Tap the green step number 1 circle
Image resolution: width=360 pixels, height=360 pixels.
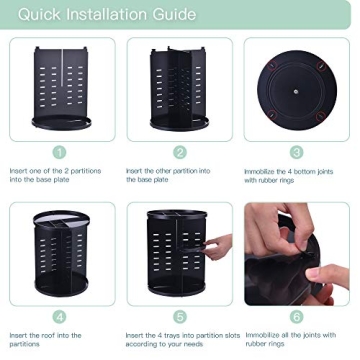click(60, 152)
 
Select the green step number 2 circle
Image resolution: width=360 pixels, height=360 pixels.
click(180, 152)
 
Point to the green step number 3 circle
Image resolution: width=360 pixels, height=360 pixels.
click(297, 152)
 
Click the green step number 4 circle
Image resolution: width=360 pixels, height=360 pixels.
click(60, 316)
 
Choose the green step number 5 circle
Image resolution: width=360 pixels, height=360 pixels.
click(180, 316)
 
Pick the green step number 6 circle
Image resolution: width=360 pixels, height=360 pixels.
click(297, 316)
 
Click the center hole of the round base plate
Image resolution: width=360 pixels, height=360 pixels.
click(296, 89)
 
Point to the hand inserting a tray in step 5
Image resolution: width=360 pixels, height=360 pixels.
click(218, 246)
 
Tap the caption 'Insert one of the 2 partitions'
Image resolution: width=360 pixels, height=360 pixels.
click(55, 171)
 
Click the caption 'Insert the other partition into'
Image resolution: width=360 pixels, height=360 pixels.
click(168, 171)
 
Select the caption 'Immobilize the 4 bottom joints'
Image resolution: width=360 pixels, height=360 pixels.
click(295, 171)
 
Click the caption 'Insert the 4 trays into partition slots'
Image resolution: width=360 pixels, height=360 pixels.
click(180, 335)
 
